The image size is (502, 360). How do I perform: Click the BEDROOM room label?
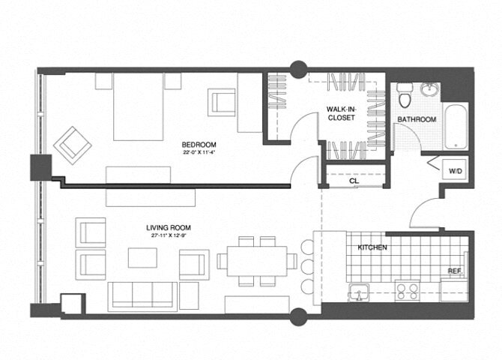[199, 144]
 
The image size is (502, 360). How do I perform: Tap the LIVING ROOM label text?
[167, 226]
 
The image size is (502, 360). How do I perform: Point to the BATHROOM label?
[417, 119]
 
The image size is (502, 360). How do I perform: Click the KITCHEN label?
[372, 247]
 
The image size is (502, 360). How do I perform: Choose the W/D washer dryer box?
[455, 172]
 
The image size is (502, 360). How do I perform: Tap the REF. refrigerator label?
[454, 271]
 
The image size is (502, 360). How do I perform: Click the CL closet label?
[352, 181]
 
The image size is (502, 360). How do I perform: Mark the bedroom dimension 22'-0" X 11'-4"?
[199, 153]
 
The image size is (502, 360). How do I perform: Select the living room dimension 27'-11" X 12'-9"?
[167, 235]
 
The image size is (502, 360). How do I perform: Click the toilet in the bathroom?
[405, 95]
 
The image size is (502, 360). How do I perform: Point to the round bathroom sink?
[430, 91]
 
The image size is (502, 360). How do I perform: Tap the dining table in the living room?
[257, 259]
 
